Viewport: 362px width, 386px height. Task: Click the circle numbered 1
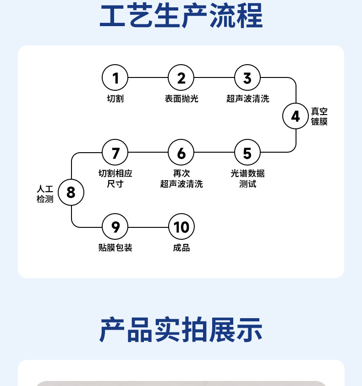point(115,78)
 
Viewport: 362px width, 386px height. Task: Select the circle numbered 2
point(181,78)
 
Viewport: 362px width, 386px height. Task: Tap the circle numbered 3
point(247,78)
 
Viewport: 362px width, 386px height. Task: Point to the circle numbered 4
point(296,116)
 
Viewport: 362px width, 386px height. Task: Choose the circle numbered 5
point(247,153)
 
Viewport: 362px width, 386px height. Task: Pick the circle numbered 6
point(181,153)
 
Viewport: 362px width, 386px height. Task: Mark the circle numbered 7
point(115,153)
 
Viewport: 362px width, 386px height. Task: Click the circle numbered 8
point(71,192)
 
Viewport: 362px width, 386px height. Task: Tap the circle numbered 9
point(115,226)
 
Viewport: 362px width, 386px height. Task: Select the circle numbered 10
point(181,226)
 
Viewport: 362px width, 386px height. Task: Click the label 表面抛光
point(181,99)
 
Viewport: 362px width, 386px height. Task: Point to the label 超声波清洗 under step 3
point(247,99)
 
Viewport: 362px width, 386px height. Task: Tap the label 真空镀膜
point(319,117)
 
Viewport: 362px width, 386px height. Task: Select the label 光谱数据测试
point(247,178)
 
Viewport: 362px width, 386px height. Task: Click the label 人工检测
point(45,193)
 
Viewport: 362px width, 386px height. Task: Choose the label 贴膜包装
point(115,248)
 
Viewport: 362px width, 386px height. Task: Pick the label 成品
point(181,248)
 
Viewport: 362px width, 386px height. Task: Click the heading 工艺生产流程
point(181,17)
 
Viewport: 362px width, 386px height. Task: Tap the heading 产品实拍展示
point(181,330)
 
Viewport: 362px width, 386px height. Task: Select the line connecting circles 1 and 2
point(148,78)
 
